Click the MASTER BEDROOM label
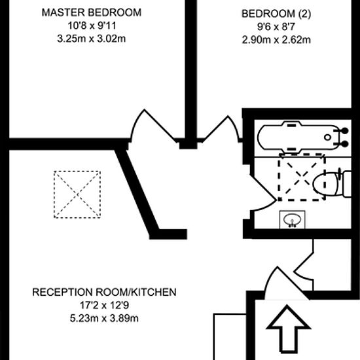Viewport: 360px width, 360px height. coord(92,12)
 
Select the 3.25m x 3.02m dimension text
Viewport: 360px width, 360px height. coord(92,39)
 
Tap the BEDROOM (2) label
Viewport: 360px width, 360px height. coord(276,14)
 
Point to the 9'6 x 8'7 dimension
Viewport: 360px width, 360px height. coord(276,27)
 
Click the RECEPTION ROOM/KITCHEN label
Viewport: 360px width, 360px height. coord(104,292)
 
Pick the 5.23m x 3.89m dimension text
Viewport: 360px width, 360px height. coord(104,319)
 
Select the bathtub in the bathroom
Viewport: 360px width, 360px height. coord(303,137)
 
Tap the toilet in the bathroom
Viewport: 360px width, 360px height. coord(332,184)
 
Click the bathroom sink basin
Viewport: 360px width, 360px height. coord(292,219)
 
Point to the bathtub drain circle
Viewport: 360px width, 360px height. coord(327,137)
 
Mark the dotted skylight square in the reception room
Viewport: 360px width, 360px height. coord(77,194)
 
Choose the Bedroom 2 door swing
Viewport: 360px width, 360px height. coord(221,128)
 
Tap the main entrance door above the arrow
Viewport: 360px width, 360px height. coord(286,284)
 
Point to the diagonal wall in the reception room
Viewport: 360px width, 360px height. coord(137,190)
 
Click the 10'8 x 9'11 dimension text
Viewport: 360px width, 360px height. coord(92,26)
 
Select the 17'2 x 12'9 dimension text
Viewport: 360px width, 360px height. coord(104,306)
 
